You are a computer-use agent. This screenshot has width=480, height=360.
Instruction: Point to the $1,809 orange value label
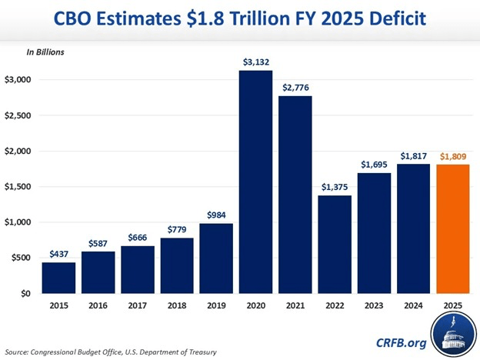tap(452, 157)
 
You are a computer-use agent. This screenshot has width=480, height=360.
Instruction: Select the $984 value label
tap(218, 215)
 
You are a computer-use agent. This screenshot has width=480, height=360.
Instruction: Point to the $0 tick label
tap(25, 294)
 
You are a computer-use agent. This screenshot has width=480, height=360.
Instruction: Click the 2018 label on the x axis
tap(178, 305)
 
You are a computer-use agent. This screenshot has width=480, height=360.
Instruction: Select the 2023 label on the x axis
tap(374, 305)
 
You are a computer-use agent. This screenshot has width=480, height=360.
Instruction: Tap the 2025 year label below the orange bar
tap(452, 305)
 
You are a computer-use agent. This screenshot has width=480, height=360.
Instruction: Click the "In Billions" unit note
tap(45, 52)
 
